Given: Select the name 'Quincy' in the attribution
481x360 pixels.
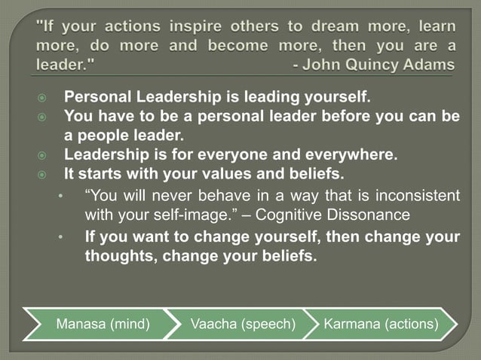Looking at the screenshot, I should point(372,63).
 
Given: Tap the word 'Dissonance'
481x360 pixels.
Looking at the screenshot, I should point(369,215).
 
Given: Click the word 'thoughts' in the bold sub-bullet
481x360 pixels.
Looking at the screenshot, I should point(116,255).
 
